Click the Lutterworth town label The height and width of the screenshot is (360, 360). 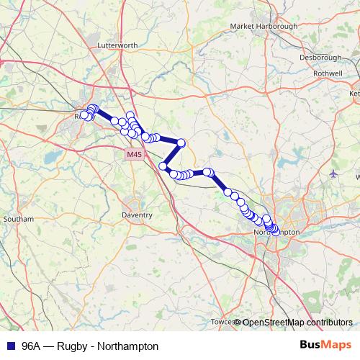[x=117, y=45]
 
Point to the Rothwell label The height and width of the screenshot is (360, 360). [x=328, y=73]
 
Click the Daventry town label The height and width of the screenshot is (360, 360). [x=137, y=215]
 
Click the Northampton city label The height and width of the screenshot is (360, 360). [x=276, y=234]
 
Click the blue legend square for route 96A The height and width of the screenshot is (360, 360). [x=9, y=346]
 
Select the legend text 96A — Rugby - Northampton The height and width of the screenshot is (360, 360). [x=89, y=346]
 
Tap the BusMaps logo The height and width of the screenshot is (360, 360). [x=325, y=346]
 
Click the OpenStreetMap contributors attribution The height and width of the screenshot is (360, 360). [x=297, y=323]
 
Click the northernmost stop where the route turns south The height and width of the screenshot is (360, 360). [x=181, y=143]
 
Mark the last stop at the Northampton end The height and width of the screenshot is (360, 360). [x=275, y=231]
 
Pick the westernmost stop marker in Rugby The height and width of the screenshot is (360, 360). [x=84, y=115]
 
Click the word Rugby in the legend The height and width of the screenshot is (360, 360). [x=75, y=346]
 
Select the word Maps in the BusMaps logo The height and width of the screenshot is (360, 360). [x=336, y=346]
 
